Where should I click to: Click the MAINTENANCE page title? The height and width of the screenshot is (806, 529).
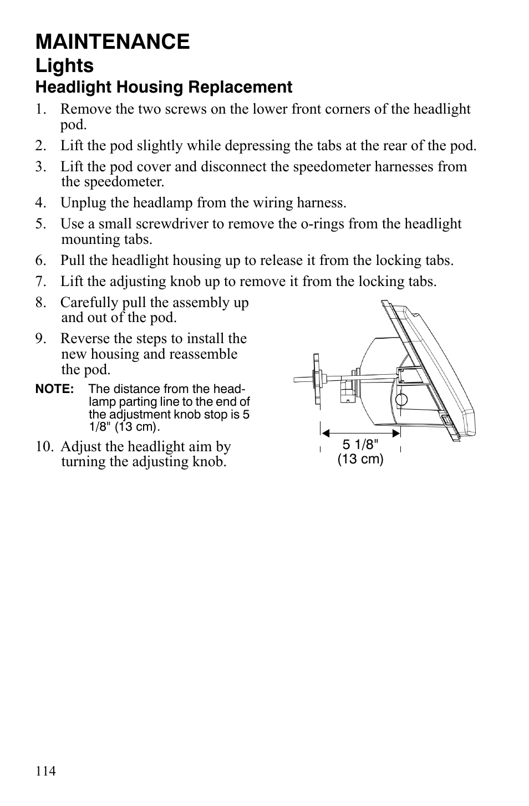pyautogui.click(x=113, y=42)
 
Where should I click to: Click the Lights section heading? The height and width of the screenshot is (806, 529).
pyautogui.click(x=64, y=65)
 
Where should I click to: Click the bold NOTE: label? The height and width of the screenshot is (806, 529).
pyautogui.click(x=54, y=389)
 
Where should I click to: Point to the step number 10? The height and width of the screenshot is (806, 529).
pyautogui.click(x=45, y=447)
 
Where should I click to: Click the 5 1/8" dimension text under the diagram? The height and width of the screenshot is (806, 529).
pyautogui.click(x=360, y=445)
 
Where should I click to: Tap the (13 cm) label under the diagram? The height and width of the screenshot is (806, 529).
pyautogui.click(x=360, y=459)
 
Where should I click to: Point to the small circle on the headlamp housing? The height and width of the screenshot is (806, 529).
pyautogui.click(x=402, y=399)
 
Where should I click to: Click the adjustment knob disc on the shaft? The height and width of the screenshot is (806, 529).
pyautogui.click(x=317, y=380)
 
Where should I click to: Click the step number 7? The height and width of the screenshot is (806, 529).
pyautogui.click(x=40, y=282)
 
